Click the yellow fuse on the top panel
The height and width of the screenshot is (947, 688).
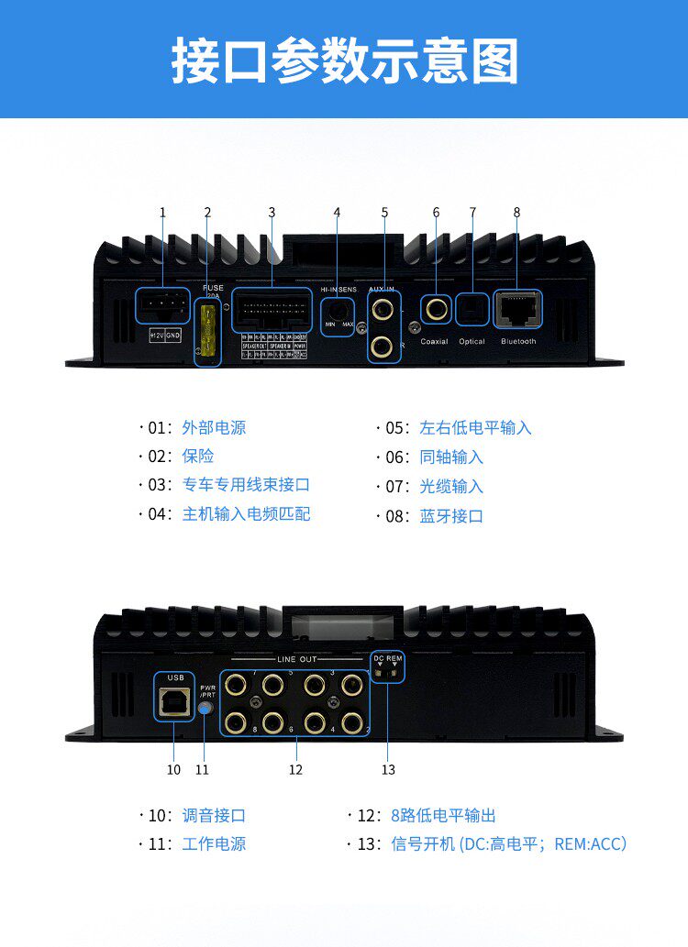coord(209,334)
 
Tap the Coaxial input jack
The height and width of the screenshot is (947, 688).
coord(436,308)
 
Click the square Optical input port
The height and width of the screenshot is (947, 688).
coord(472,309)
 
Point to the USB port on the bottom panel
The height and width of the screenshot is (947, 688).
coord(174,698)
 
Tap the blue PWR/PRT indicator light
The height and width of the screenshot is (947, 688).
coord(206,707)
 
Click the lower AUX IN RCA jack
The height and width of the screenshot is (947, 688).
coord(384,346)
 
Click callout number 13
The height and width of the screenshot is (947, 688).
coord(388,770)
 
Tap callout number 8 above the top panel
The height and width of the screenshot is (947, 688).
coord(516,212)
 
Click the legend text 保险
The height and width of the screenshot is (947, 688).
coord(198,456)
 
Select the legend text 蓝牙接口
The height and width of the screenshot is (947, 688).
coord(451,516)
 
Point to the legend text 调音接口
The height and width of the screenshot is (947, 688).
coord(214,816)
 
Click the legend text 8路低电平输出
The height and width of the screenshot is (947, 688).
coord(443,816)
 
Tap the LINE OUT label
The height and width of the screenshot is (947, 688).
coord(295,659)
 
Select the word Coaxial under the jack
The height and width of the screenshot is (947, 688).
coord(435,342)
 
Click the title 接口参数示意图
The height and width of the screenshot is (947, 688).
coord(344,61)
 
